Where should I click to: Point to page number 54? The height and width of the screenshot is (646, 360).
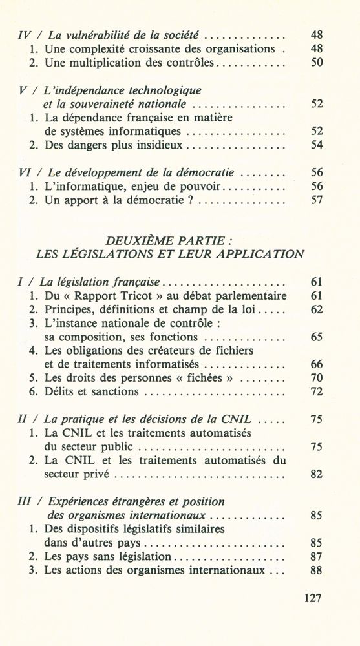316,145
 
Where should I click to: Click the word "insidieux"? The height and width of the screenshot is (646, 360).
157,145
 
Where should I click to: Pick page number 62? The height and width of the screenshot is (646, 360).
316,309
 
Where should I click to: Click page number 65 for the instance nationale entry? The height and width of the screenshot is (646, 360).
316,337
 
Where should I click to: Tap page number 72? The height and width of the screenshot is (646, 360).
316,391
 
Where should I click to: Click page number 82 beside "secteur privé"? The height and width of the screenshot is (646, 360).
316,474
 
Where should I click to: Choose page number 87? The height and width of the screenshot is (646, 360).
316,556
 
